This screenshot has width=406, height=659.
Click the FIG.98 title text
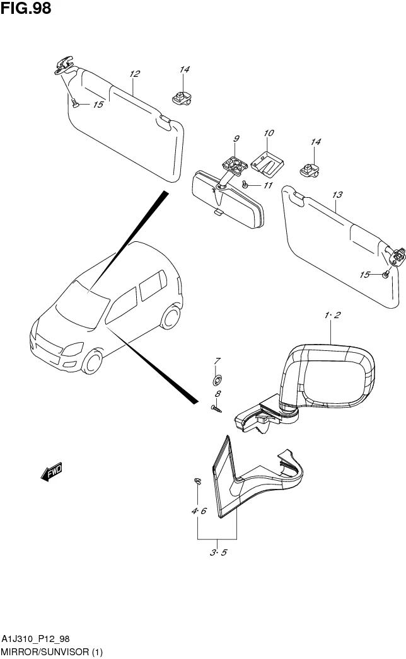point(26,8)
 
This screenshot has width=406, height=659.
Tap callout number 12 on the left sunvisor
point(134,74)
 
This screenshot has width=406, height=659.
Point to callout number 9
point(236,139)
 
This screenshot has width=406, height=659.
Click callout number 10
point(269,133)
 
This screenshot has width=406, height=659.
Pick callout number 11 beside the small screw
point(268,185)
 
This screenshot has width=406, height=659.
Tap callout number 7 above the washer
point(217,361)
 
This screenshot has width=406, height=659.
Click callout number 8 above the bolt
point(217,394)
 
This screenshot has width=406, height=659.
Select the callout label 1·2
point(332,315)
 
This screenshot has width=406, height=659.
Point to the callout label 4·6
point(199,511)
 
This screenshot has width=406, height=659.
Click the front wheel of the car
point(92,361)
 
